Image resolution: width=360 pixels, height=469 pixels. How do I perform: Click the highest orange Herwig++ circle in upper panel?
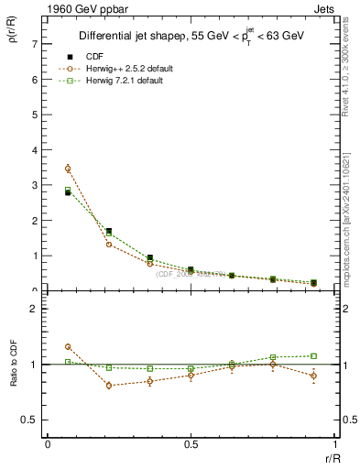click(x=68, y=169)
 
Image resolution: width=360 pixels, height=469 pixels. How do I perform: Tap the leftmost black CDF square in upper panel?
click(x=68, y=192)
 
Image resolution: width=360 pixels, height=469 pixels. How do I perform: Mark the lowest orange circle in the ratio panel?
click(x=109, y=385)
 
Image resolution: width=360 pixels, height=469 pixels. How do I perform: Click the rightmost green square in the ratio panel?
click(x=313, y=355)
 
